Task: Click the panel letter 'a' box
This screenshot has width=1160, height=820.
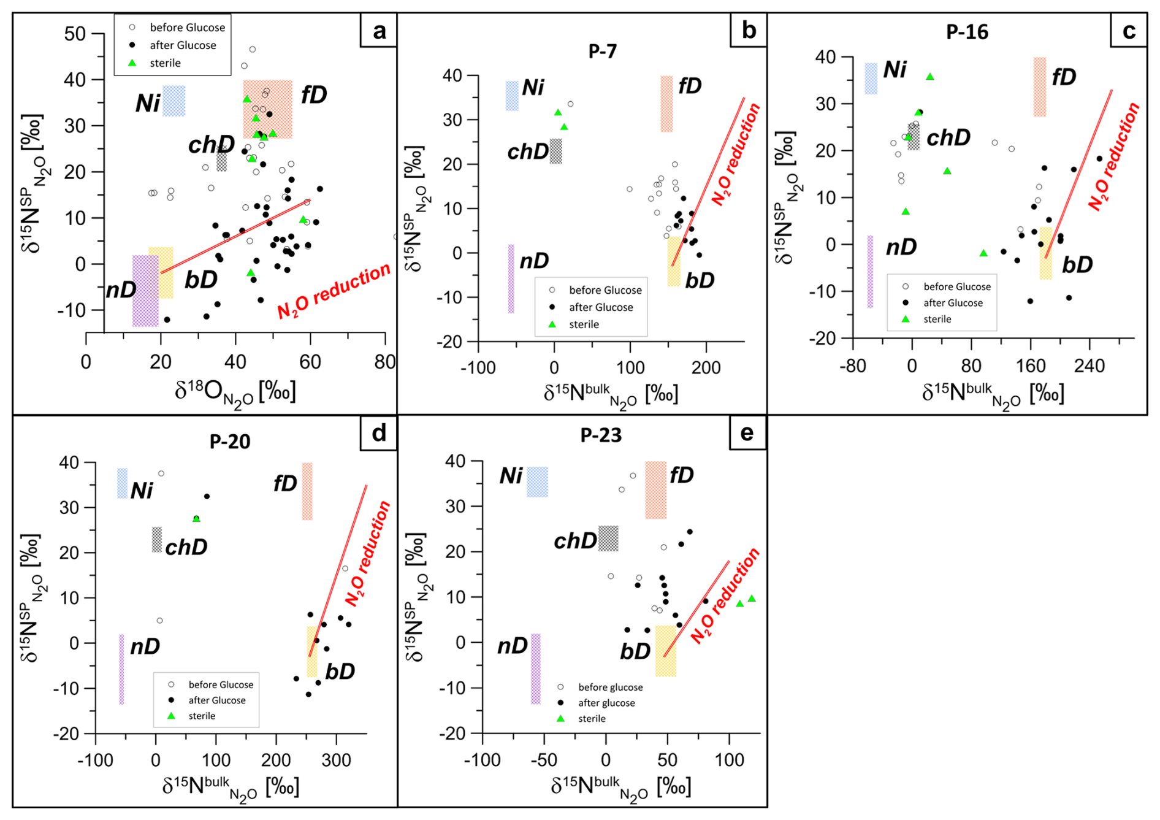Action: [380, 31]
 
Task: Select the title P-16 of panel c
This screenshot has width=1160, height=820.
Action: [967, 32]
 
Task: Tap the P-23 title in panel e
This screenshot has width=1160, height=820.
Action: [601, 435]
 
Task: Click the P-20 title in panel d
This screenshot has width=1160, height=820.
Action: [230, 441]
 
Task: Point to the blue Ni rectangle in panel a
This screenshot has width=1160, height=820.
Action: [174, 101]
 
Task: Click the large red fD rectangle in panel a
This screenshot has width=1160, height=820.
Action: [267, 109]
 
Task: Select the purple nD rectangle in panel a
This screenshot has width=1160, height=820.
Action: [145, 291]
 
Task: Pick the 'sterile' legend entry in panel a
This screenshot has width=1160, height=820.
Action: [165, 63]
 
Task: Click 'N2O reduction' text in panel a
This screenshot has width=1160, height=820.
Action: [334, 290]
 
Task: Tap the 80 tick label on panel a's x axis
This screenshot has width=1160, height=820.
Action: [385, 362]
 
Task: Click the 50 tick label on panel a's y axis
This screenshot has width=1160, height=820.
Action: [75, 34]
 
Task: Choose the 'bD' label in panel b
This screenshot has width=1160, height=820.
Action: [700, 280]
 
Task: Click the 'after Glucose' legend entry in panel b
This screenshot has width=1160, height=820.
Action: [601, 307]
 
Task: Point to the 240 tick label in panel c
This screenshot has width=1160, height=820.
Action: [1089, 366]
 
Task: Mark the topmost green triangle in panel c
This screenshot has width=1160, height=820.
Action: [930, 77]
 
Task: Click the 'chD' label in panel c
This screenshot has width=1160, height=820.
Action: [948, 138]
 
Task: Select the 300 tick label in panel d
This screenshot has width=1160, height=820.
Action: [336, 761]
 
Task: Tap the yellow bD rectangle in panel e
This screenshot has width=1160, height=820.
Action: [665, 651]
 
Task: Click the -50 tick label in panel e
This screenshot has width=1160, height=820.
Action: [543, 760]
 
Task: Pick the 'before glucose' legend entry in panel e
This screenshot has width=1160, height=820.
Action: [610, 688]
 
